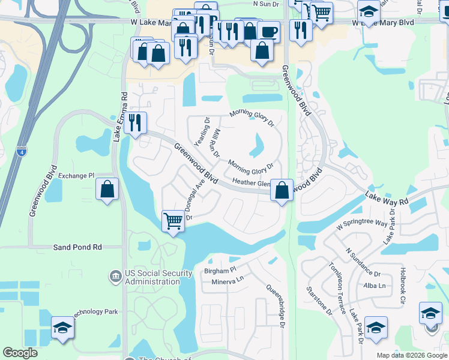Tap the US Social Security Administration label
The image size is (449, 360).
pyautogui.click(x=159, y=277)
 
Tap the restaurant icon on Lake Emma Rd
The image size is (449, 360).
pyautogui.click(x=135, y=123)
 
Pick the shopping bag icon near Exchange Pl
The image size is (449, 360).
pyautogui.click(x=107, y=189)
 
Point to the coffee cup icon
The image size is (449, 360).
pyautogui.click(x=269, y=31)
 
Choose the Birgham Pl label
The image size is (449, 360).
pyautogui.click(x=221, y=271)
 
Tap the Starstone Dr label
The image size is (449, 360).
pyautogui.click(x=328, y=301)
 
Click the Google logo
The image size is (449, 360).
pyautogui.click(x=20, y=353)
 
